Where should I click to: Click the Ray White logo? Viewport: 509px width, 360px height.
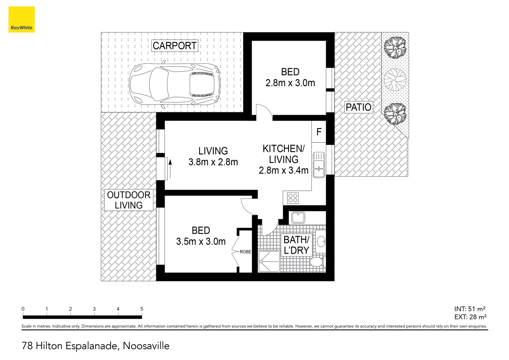coord(21,19)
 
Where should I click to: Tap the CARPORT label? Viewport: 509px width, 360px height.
coord(175,46)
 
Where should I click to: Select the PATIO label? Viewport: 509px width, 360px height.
coord(358,107)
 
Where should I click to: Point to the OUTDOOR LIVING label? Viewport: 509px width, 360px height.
coord(129,200)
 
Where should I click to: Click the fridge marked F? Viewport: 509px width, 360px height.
coord(319,132)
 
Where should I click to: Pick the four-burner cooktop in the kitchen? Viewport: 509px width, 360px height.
coord(293,198)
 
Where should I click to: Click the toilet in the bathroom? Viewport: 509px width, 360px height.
coord(317,262)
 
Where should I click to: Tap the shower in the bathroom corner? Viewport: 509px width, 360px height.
coord(269,262)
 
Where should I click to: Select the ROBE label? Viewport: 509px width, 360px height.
coord(245,252)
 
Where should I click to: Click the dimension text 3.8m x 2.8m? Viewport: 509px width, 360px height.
coord(213,162)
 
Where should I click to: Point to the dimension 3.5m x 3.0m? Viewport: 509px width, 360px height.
coord(201,242)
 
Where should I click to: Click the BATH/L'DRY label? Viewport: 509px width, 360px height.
coord(296,245)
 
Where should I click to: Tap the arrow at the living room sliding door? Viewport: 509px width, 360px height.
coord(170,168)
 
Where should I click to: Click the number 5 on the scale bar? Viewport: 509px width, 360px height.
coord(142,309)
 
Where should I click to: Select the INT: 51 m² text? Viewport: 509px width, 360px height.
coord(470,309)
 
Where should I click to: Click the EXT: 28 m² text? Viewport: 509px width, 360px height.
coord(470,317)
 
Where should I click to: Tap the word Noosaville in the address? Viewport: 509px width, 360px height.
coord(146,346)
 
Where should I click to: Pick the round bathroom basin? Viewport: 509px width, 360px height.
coord(321,241)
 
